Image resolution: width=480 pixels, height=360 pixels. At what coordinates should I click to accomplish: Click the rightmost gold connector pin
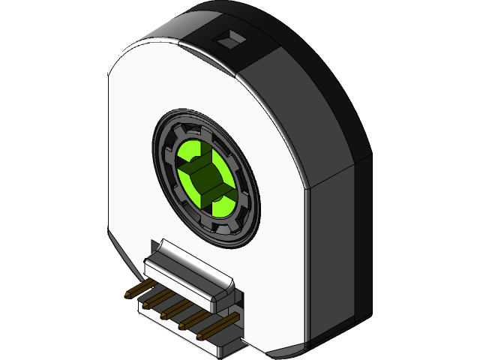pyautogui.click(x=209, y=332)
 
